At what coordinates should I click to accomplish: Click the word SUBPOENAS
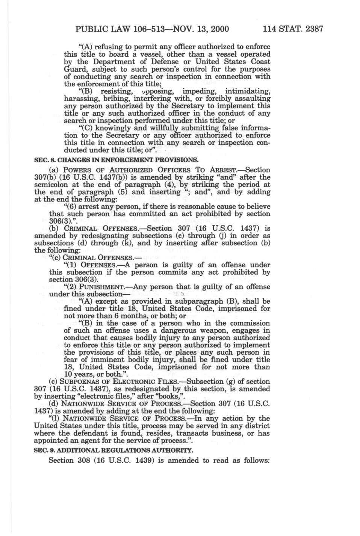[x=80, y=382]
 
